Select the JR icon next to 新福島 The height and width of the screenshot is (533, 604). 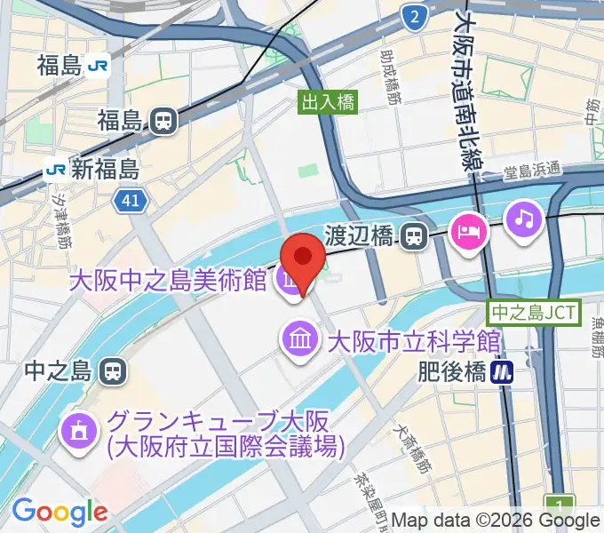point(57,169)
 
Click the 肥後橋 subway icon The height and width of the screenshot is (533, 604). point(505,372)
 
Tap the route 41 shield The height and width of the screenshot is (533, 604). point(130,203)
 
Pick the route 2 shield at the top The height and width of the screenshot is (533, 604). point(412,16)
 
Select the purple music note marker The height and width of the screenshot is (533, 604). point(524,219)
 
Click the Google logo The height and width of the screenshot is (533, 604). point(60,512)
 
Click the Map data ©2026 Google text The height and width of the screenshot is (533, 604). point(495,521)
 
